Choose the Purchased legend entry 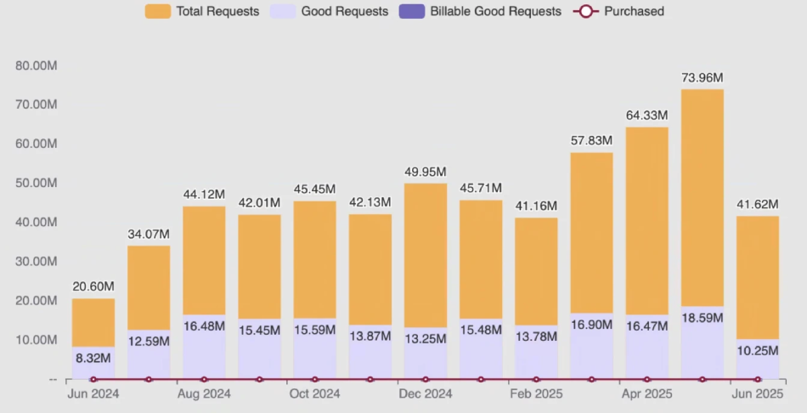pos(619,12)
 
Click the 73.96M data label pos(703,77)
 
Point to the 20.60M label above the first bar pos(93,287)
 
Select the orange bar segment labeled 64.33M pos(647,221)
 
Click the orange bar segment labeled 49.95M pos(426,255)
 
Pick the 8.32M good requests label pos(93,358)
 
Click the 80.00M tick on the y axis pos(37,65)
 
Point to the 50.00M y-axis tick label pos(37,183)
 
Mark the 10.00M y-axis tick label pos(37,340)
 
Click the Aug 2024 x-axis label pos(204,394)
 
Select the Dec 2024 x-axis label pos(425,394)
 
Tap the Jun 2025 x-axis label pos(757,394)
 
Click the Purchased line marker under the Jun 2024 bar pos(93,380)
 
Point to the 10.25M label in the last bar pos(757,351)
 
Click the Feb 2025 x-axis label pos(536,394)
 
